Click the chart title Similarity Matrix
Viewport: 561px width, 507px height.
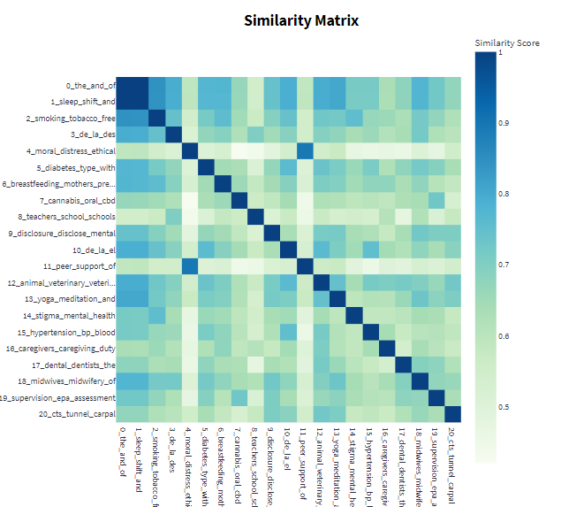296,20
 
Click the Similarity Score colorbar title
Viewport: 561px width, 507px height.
506,42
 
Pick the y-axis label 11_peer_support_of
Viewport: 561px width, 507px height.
80,266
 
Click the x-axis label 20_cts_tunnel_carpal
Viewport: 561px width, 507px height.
452,460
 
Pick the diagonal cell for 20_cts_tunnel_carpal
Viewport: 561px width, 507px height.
452,414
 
